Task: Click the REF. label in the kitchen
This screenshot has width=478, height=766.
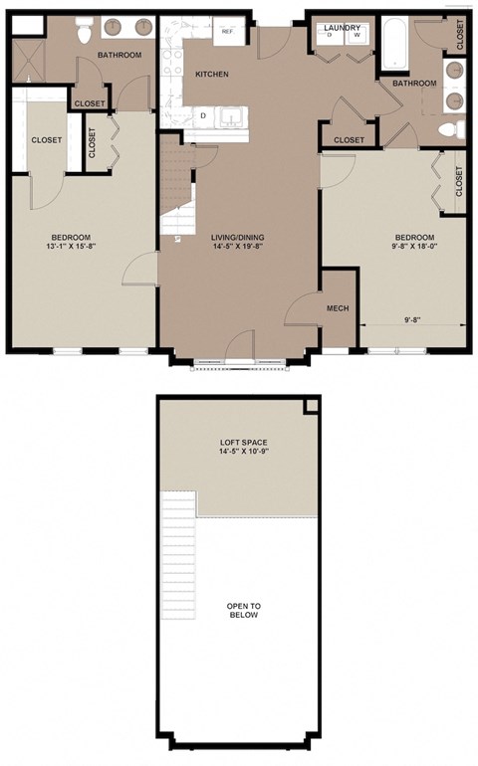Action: [226, 32]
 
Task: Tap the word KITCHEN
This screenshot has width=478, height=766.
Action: [212, 75]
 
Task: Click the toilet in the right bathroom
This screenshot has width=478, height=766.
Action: [451, 128]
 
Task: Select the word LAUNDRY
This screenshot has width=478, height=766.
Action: [342, 27]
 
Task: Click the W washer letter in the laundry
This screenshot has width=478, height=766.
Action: [356, 36]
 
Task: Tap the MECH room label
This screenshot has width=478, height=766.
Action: [336, 308]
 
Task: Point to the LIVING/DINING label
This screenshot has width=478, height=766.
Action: [237, 237]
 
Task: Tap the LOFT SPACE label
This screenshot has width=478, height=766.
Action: [244, 443]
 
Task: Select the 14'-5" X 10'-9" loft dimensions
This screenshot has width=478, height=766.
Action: [244, 455]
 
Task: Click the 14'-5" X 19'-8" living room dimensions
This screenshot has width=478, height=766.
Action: [237, 248]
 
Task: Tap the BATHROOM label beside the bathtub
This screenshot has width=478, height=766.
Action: [413, 84]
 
